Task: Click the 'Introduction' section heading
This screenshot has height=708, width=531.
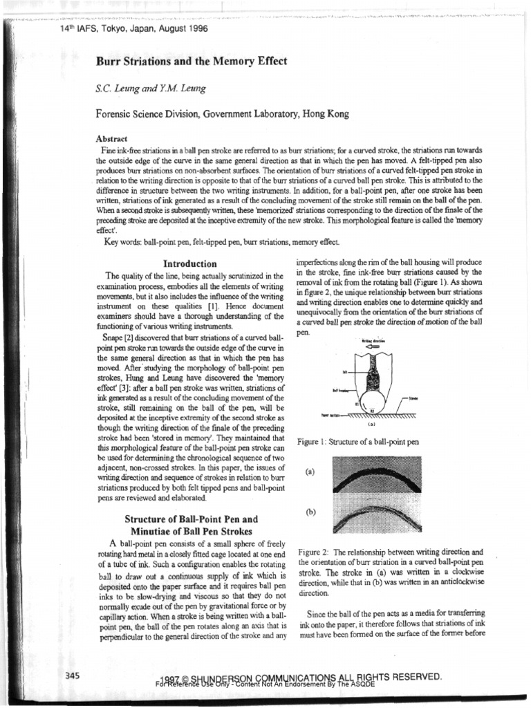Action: [x=189, y=263]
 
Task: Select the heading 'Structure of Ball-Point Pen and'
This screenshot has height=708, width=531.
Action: [x=190, y=519]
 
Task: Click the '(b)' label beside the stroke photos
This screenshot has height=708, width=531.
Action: [x=310, y=512]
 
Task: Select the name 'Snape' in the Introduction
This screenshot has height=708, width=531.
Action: [x=117, y=336]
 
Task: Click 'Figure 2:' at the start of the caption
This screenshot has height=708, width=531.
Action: [x=316, y=553]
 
